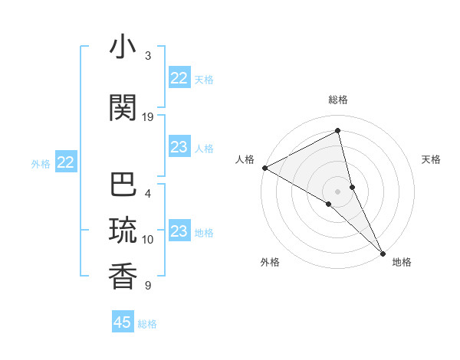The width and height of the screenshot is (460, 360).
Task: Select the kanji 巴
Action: click(x=123, y=185)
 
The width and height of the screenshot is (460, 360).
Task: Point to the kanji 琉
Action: click(x=123, y=231)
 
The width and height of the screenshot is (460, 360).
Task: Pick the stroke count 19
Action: click(x=148, y=117)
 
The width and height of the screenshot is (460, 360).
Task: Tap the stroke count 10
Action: click(x=148, y=240)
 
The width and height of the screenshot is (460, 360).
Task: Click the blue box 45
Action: click(x=123, y=322)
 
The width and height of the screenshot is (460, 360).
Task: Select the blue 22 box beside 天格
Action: click(x=179, y=78)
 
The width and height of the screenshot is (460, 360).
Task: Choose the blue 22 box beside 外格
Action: click(x=65, y=162)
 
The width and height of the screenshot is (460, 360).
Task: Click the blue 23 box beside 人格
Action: click(x=179, y=147)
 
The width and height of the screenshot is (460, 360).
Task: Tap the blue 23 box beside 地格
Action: click(x=179, y=231)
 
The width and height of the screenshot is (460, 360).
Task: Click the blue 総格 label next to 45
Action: click(x=147, y=324)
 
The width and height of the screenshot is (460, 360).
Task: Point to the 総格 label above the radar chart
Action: click(x=337, y=100)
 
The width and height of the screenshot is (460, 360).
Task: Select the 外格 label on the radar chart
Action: click(x=270, y=262)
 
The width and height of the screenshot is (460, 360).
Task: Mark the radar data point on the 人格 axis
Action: click(x=264, y=168)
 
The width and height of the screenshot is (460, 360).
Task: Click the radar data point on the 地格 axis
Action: click(x=383, y=252)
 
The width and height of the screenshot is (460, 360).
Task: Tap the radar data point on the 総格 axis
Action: click(x=337, y=132)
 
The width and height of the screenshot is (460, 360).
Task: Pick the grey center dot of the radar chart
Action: click(x=337, y=190)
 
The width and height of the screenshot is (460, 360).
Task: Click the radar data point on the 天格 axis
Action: click(x=352, y=186)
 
